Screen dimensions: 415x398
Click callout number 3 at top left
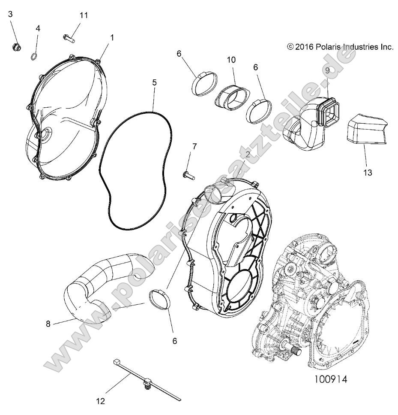pyautogui.click(x=11, y=14)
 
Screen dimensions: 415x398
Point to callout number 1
pyautogui.click(x=112, y=37)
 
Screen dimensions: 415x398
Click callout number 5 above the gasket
pyautogui.click(x=155, y=81)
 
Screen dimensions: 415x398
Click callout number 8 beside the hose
pyautogui.click(x=48, y=324)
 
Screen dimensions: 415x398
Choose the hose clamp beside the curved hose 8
pyautogui.click(x=161, y=299)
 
